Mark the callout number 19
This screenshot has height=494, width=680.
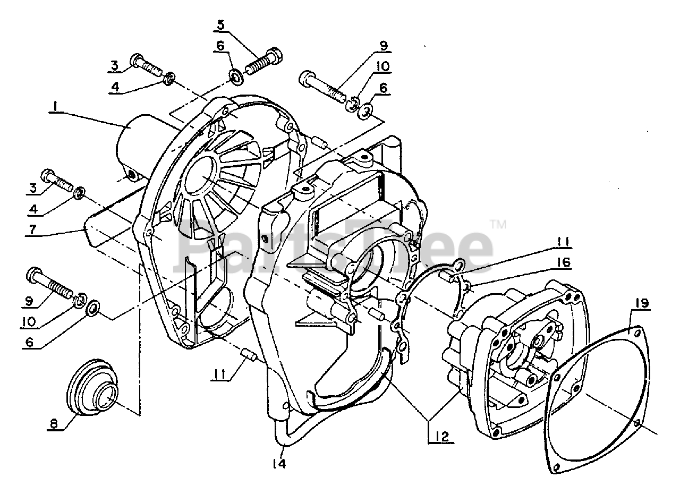point(641,303)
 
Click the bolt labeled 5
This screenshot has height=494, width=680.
point(264,63)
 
